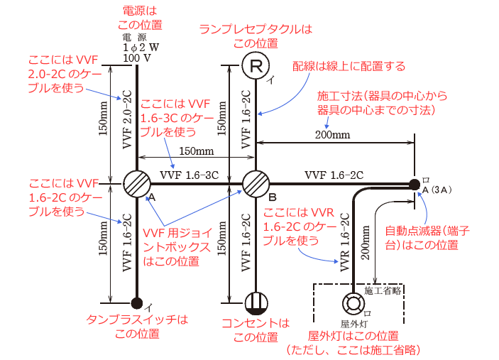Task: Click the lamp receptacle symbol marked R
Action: [256, 67]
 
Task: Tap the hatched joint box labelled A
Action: [137, 185]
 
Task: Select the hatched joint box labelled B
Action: [256, 185]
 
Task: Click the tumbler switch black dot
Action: [137, 303]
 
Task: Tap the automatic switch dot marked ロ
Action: [414, 185]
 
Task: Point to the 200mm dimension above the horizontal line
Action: [330, 135]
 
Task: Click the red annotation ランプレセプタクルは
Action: [256, 29]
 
